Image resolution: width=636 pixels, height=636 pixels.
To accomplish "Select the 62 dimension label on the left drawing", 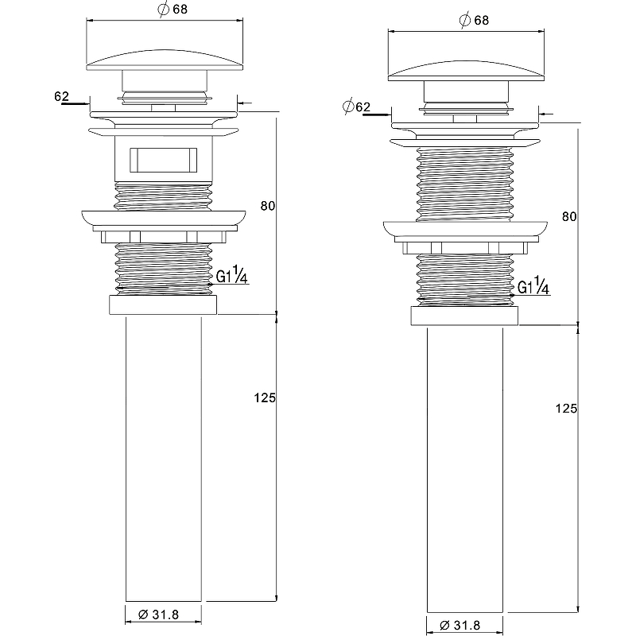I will coord(60,96).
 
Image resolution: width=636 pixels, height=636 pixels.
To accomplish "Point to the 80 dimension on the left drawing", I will coord(267,206).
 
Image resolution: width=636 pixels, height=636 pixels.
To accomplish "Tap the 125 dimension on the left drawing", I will coord(265,397).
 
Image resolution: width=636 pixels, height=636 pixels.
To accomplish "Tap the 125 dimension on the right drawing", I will coord(566,408).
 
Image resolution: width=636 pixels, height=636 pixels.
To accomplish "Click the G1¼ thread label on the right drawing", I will coord(533,287).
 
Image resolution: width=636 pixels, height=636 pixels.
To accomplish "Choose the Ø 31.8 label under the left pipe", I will coord(162,615).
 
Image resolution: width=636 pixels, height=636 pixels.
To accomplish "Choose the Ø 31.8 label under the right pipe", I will coord(463,625).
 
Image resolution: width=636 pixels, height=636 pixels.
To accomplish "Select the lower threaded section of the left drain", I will coord(163,268).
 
